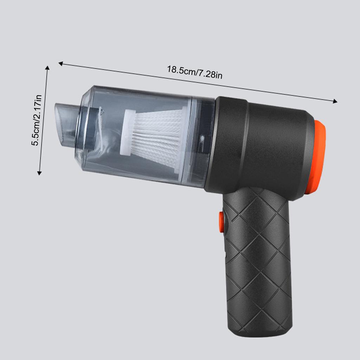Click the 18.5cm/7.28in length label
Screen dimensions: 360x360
coord(194,72)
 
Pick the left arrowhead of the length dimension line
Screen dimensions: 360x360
coord(60,64)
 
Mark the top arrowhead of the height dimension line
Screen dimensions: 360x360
coord(47,67)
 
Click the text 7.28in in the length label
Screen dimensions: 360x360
coord(210,74)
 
